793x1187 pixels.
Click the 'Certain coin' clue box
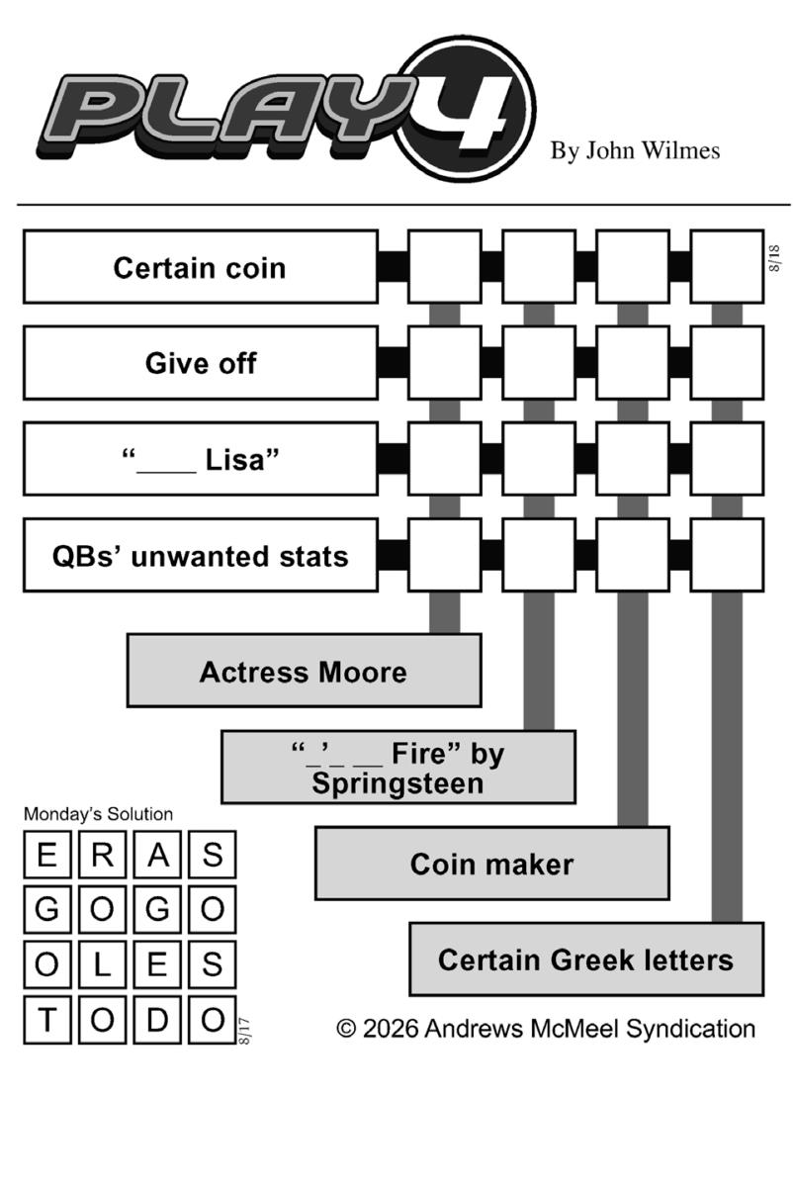pyautogui.click(x=201, y=266)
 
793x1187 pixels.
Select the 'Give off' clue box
pyautogui.click(x=201, y=363)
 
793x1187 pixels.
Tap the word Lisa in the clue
pyautogui.click(x=241, y=459)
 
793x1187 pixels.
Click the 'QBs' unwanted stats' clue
pyautogui.click(x=201, y=555)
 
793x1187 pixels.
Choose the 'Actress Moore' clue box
pyautogui.click(x=305, y=671)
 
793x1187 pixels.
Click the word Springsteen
pyautogui.click(x=397, y=783)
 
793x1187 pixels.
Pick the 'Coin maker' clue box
pyautogui.click(x=492, y=864)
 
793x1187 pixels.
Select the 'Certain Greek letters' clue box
pyautogui.click(x=586, y=959)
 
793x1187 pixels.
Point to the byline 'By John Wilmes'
pyautogui.click(x=635, y=150)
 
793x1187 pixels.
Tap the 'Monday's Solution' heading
pyautogui.click(x=99, y=814)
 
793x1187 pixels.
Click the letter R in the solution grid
pyautogui.click(x=102, y=855)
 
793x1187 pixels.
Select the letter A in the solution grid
pyautogui.click(x=157, y=855)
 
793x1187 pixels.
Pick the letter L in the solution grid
pyautogui.click(x=102, y=963)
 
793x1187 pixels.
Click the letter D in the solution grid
pyautogui.click(x=157, y=1019)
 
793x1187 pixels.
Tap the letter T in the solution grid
pyautogui.click(x=47, y=1019)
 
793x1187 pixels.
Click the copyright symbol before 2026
pyautogui.click(x=346, y=1029)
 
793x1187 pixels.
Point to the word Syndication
pyautogui.click(x=691, y=1029)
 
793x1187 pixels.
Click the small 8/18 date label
pyautogui.click(x=774, y=258)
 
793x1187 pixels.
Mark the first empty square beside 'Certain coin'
pyautogui.click(x=445, y=266)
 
